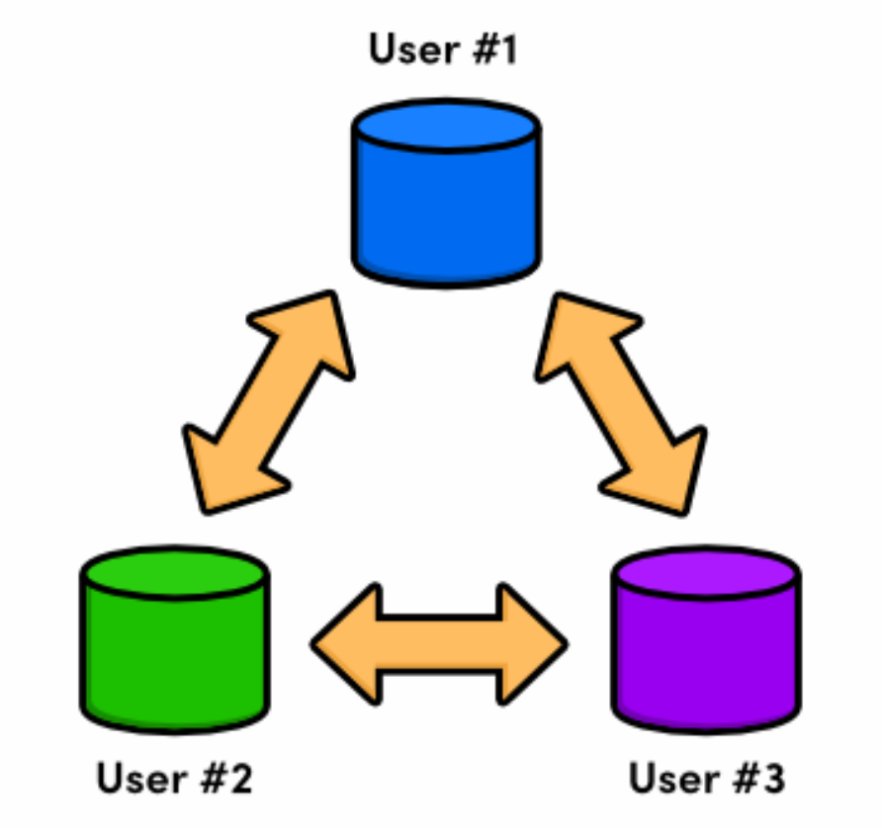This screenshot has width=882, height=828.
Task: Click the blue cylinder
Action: pyautogui.click(x=446, y=198)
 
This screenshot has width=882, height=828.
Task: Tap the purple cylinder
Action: pyautogui.click(x=706, y=642)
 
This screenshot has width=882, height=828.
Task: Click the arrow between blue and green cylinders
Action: pyautogui.click(x=269, y=402)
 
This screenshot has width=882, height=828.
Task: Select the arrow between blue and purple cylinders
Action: pyautogui.click(x=621, y=402)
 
